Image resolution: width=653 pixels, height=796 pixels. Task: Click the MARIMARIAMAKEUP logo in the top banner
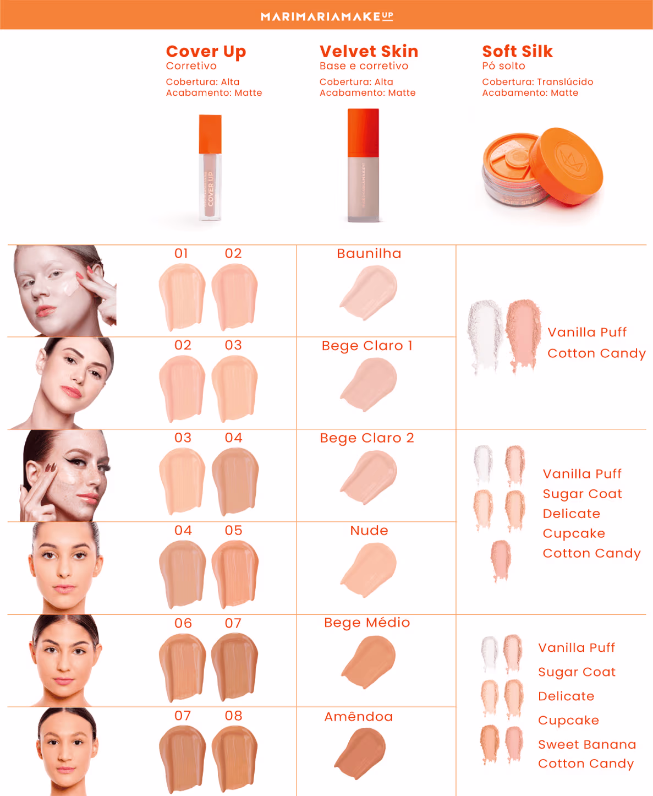[x=327, y=16]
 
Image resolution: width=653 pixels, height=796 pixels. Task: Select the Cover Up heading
[x=206, y=52]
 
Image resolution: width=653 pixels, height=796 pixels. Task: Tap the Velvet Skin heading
[x=369, y=51]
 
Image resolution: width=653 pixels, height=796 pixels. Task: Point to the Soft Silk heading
[x=517, y=51]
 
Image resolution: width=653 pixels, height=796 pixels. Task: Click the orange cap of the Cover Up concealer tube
[x=210, y=134]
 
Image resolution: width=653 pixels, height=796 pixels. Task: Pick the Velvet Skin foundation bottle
[x=363, y=165]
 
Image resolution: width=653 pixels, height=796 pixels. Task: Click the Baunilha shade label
[x=369, y=254]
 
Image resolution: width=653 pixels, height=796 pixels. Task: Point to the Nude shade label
[x=369, y=530]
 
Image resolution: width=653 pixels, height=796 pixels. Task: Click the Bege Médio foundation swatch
[x=369, y=662]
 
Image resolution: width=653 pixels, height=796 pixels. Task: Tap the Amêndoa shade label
[x=359, y=716]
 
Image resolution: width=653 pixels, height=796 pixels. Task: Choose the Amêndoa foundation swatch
[x=360, y=754]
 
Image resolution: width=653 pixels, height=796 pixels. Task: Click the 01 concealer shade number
[x=181, y=254]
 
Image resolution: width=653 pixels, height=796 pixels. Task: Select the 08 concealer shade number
[x=233, y=716]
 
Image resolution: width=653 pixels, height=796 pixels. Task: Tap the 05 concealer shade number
[x=233, y=530]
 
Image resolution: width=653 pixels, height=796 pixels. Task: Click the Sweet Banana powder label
[x=587, y=744]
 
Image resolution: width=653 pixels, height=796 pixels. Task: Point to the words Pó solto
[x=503, y=66]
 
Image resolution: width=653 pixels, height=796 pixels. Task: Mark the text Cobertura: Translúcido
[x=537, y=82]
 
